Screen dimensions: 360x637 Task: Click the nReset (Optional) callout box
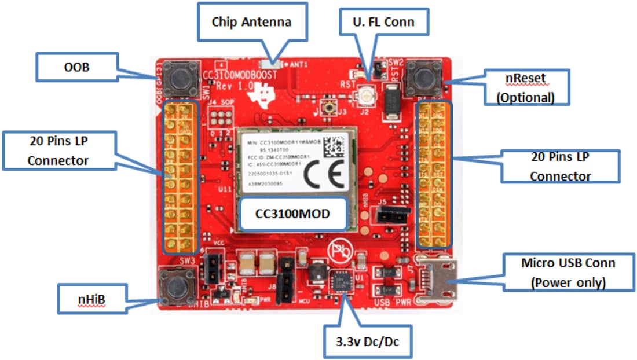525,87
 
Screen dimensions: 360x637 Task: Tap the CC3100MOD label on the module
292,214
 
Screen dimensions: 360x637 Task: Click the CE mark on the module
321,174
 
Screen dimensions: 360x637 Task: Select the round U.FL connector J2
366,93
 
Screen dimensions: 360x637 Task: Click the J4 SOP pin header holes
220,118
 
